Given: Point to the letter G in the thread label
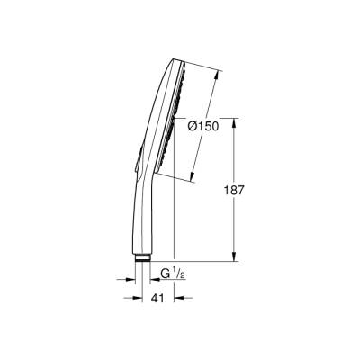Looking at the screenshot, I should (x=165, y=272).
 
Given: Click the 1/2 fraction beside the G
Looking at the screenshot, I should (x=178, y=271).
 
